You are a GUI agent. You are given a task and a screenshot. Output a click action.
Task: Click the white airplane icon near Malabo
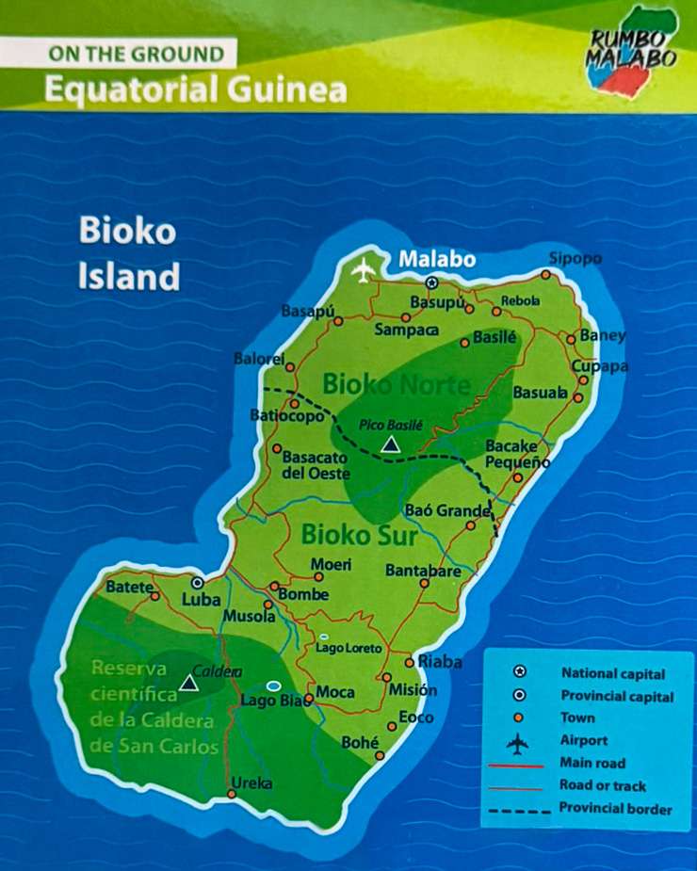pyautogui.click(x=363, y=269)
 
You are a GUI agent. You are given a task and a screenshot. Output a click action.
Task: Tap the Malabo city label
pyautogui.click(x=437, y=260)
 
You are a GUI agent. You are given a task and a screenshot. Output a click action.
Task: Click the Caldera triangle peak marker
pyautogui.click(x=188, y=681)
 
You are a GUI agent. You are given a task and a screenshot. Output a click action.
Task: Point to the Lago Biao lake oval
pyautogui.click(x=274, y=686)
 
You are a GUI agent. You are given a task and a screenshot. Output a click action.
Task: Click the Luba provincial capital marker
pyautogui.click(x=198, y=583)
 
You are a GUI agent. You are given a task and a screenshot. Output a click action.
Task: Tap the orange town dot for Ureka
pyautogui.click(x=232, y=794)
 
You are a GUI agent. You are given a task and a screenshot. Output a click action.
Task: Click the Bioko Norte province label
pyautogui.click(x=396, y=384)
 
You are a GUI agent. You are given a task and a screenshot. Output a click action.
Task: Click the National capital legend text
pyautogui.click(x=612, y=674)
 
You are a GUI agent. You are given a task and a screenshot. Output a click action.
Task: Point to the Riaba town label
pyautogui.click(x=440, y=662)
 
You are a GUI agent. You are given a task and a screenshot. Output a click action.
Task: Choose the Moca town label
pyautogui.click(x=335, y=693)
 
